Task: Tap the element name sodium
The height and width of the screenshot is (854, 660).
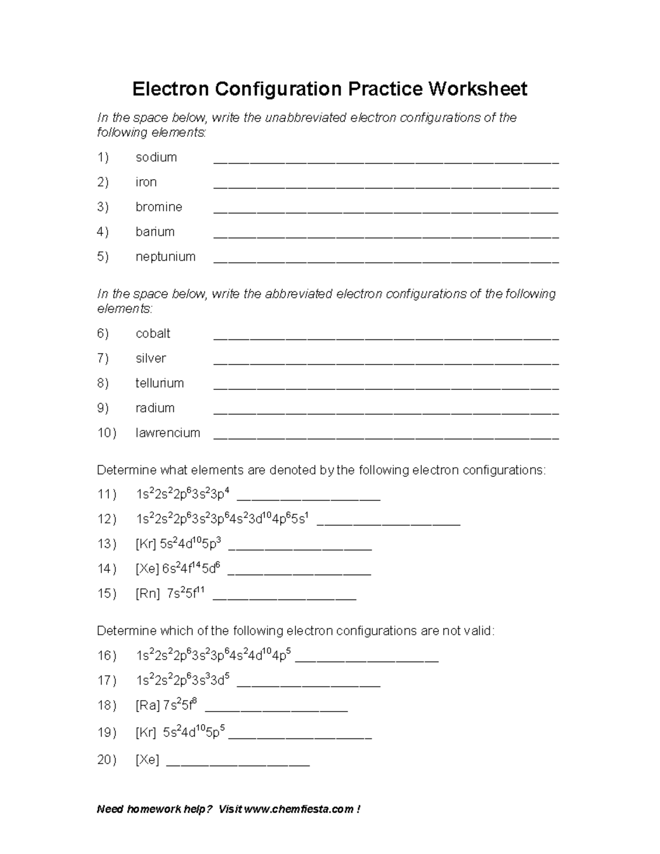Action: tap(156, 157)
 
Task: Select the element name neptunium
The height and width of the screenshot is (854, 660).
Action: tap(166, 257)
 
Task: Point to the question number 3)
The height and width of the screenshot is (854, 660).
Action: tap(103, 207)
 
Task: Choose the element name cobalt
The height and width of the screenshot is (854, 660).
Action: tap(153, 334)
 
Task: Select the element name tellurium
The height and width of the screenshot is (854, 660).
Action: tap(159, 383)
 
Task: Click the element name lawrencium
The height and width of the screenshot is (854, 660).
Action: tap(168, 433)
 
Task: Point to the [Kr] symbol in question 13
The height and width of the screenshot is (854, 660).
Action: tap(146, 544)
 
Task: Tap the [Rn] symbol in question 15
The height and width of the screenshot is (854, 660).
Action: tap(147, 594)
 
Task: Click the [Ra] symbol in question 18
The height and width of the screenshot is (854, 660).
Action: tap(147, 706)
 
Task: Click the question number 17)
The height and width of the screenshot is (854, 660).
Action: tap(107, 681)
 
